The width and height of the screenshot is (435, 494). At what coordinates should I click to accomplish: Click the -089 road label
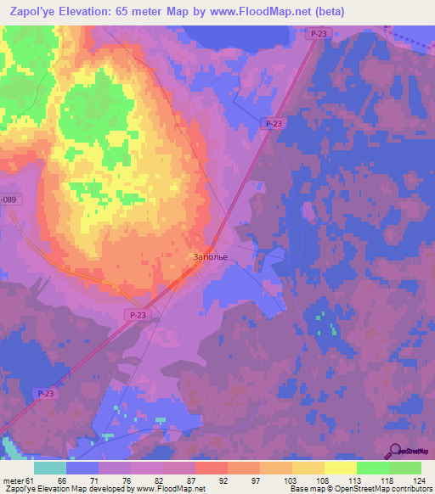click(8, 199)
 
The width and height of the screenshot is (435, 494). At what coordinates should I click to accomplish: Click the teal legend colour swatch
click(50, 467)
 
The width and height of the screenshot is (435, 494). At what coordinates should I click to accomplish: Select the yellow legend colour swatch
click(340, 467)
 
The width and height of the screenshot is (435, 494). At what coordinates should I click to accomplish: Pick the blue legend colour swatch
click(82, 467)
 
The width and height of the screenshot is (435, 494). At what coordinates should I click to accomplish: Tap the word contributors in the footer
click(411, 489)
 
